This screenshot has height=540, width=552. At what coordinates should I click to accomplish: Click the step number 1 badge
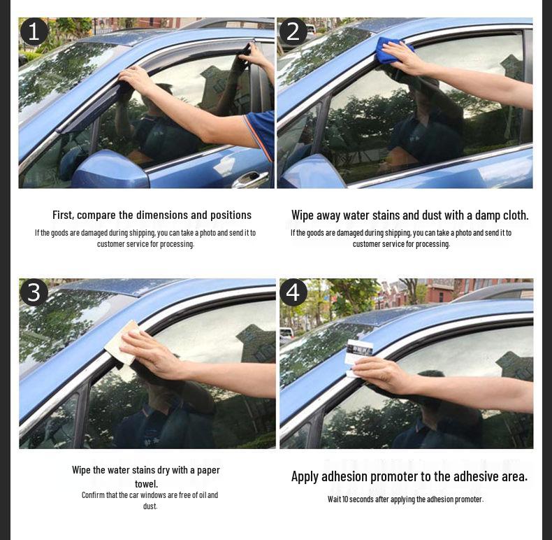[34, 32]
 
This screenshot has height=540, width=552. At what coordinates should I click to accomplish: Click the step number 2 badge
[293, 32]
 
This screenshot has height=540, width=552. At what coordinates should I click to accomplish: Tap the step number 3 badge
[34, 292]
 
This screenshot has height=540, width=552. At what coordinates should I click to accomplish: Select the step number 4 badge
[293, 292]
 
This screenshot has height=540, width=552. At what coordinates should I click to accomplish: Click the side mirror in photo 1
[108, 169]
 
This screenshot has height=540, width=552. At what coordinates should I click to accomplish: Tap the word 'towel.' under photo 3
[146, 484]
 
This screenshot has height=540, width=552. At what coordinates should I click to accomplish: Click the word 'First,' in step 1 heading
[63, 215]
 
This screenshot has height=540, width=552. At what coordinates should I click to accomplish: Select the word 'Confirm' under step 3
[93, 495]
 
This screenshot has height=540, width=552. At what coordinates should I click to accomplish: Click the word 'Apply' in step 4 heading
[305, 477]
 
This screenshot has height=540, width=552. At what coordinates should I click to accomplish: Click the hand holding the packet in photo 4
[384, 374]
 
